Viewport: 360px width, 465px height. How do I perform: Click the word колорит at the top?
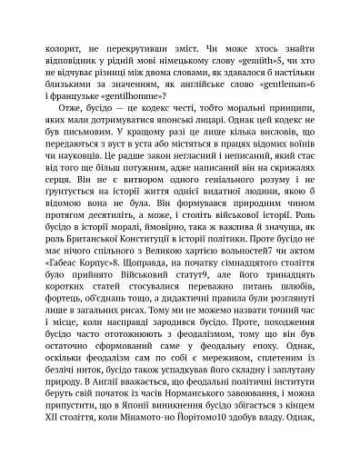[x=46, y=43]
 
